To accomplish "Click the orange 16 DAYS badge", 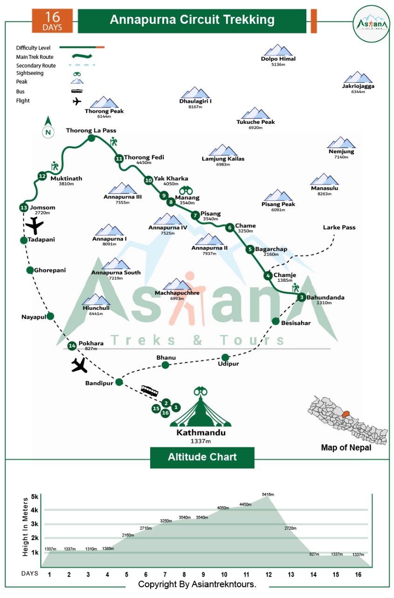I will (53, 21).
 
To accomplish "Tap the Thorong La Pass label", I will (91, 130).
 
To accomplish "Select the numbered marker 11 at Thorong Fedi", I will (119, 158).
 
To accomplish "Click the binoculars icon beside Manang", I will (187, 191).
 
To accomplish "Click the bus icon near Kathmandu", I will (149, 391).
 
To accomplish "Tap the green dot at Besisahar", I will (276, 321).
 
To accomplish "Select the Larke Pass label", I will (339, 228).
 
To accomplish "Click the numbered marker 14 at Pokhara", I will (72, 346).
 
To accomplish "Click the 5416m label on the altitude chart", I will (268, 494).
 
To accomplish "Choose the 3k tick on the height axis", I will (35, 524).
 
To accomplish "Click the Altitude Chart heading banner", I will (202, 457).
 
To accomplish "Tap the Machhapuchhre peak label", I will (177, 293).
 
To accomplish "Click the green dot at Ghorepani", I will (30, 270).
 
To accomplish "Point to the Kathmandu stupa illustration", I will (201, 409).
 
